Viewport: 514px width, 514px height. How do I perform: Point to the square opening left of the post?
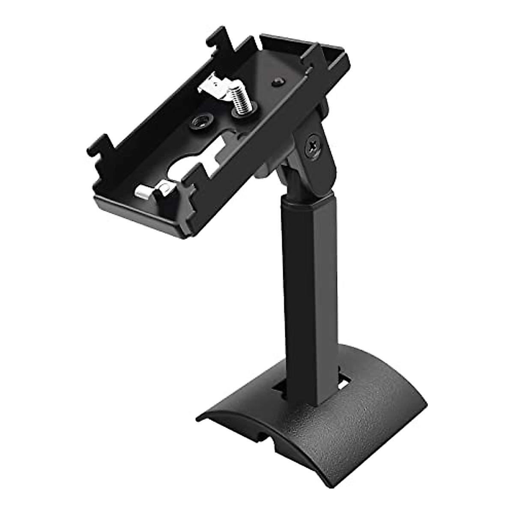(x=281, y=377)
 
